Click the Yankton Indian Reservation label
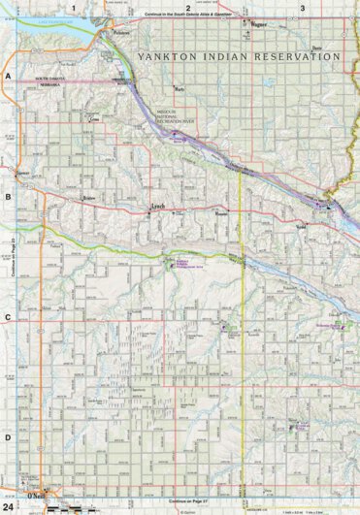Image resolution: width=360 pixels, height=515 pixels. [240, 56]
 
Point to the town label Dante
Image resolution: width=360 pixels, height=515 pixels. [316, 47]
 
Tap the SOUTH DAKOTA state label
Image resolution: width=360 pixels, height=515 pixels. [49, 76]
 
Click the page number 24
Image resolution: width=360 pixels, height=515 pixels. [9, 506]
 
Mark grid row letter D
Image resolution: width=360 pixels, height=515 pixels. [7, 437]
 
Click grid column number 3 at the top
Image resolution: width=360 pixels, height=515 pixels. [303, 8]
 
